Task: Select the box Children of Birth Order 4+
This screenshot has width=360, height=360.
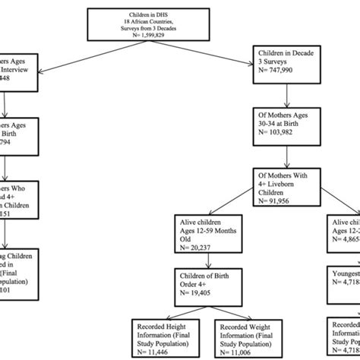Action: [x=198, y=284]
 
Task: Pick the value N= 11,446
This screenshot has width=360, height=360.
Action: [x=156, y=352]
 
